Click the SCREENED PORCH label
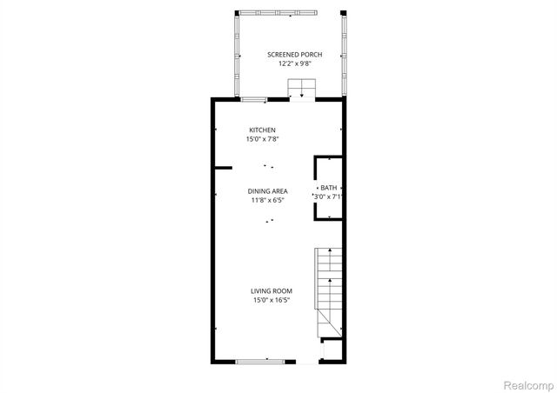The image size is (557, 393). (x=287, y=55)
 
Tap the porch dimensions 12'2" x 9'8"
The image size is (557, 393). (x=287, y=64)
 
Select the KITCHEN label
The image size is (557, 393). (x=262, y=130)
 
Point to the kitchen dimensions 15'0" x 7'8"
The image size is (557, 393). (x=262, y=139)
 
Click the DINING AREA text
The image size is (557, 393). (x=267, y=191)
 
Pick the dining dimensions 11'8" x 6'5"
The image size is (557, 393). (x=267, y=201)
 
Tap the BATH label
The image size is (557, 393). (x=328, y=188)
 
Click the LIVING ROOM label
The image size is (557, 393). (x=272, y=291)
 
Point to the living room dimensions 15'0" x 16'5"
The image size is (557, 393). (x=272, y=301)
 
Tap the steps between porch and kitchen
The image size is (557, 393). (x=302, y=90)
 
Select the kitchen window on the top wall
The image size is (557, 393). (x=253, y=100)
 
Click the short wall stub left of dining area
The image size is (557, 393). (x=224, y=167)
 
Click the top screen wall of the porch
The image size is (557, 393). (x=280, y=13)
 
